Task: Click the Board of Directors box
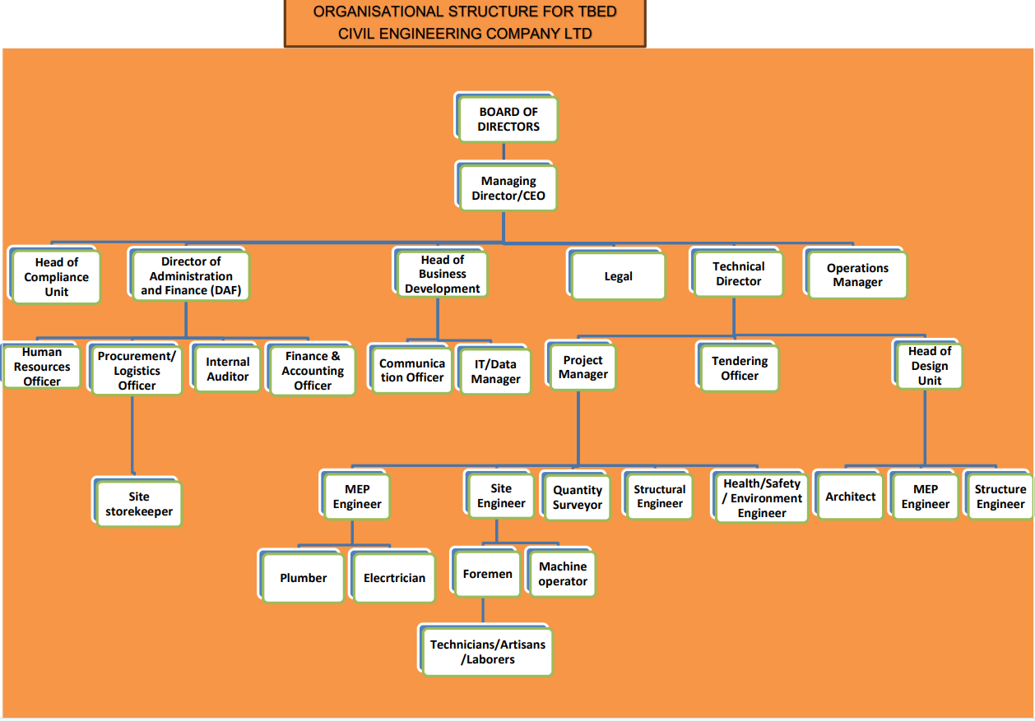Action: pyautogui.click(x=508, y=119)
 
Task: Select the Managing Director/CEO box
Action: pyautogui.click(x=508, y=188)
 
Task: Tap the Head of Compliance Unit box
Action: pyautogui.click(x=57, y=277)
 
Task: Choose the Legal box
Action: pyautogui.click(x=618, y=276)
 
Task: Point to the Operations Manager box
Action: pyautogui.click(x=857, y=275)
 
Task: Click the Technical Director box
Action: pyautogui.click(x=738, y=274)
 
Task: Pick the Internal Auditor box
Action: pyautogui.click(x=227, y=369)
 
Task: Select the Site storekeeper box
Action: pyautogui.click(x=139, y=504)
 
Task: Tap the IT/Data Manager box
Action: pyautogui.click(x=495, y=372)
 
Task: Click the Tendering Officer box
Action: pyautogui.click(x=739, y=368)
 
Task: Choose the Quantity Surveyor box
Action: pyautogui.click(x=577, y=497)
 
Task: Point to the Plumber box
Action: pyautogui.click(x=303, y=578)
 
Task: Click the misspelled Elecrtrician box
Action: pyautogui.click(x=394, y=578)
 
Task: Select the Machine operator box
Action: pyautogui.click(x=563, y=574)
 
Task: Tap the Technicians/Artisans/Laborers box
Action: pyautogui.click(x=487, y=652)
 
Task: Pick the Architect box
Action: pyautogui.click(x=850, y=497)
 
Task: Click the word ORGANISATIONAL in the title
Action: pyautogui.click(x=378, y=12)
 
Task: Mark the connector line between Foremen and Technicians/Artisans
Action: pyautogui.click(x=483, y=611)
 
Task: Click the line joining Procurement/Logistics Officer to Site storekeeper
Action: pyautogui.click(x=132, y=436)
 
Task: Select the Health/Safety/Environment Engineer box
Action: pyautogui.click(x=761, y=498)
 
